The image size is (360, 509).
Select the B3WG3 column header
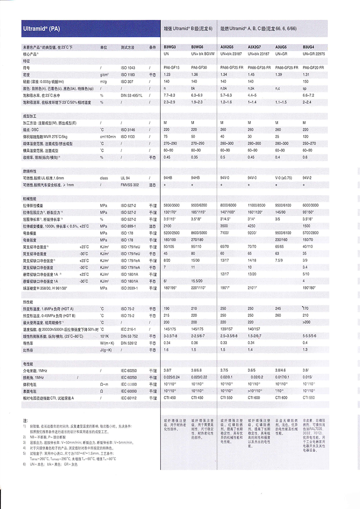pyautogui.click(x=170, y=47)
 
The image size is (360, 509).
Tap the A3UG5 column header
pyautogui.click(x=281, y=47)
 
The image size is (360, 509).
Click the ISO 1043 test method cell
pyautogui.click(x=128, y=68)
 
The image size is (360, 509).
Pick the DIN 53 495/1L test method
pyautogui.click(x=131, y=95)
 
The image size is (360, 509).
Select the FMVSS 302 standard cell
pyautogui.click(x=130, y=185)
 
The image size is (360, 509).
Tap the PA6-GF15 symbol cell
pyautogui.click(x=171, y=68)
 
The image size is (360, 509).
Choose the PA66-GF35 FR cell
pyautogui.click(x=259, y=68)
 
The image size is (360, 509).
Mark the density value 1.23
pyautogui.click(x=167, y=74)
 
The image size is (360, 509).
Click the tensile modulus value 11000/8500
pyautogui.click(x=257, y=205)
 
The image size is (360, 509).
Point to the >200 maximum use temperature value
pyautogui.click(x=307, y=323)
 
